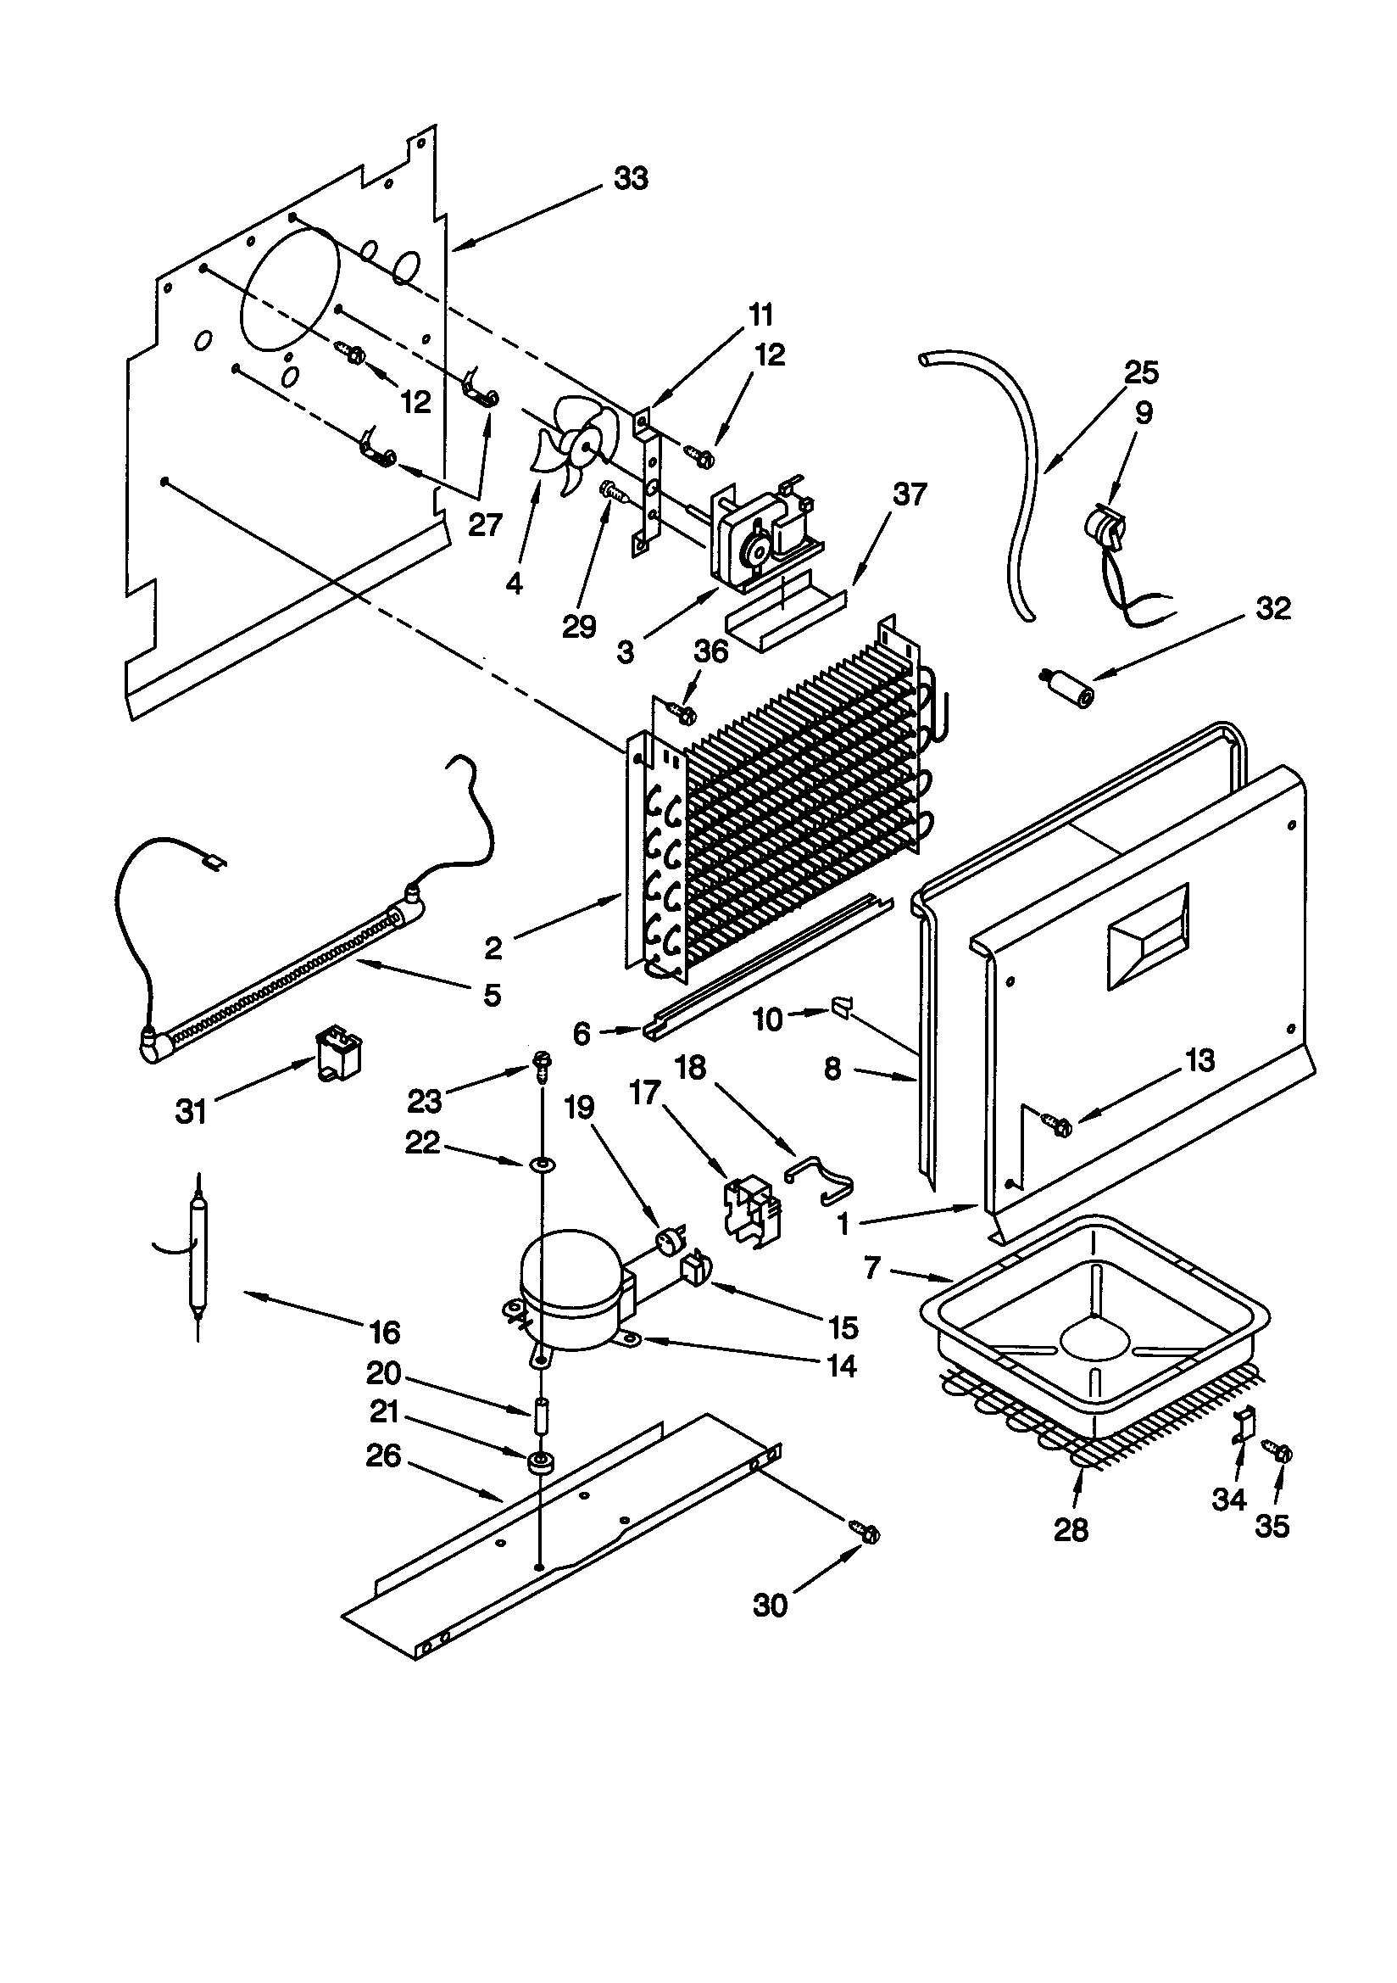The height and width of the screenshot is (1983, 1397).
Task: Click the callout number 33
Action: coord(631,179)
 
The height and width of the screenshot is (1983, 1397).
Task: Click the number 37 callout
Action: coord(910,494)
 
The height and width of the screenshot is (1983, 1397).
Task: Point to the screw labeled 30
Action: coord(869,1533)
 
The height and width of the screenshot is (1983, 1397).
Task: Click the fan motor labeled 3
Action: coord(760,533)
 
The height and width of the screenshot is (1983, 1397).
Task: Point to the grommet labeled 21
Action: coord(541,1461)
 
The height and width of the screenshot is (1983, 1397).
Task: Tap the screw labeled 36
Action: coord(683,712)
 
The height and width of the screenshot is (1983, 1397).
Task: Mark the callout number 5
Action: coord(493,995)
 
